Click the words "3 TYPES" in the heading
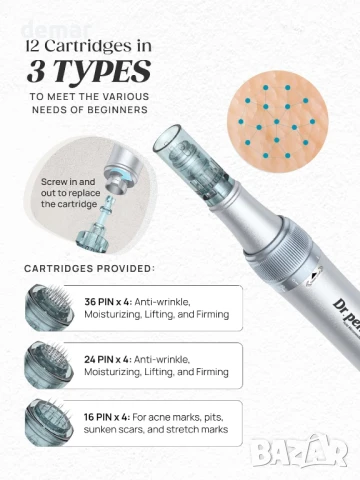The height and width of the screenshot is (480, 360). (89, 71)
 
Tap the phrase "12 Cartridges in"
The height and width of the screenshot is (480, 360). (89, 46)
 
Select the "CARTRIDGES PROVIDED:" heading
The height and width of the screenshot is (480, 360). (90, 268)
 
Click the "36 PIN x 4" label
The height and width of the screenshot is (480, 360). (108, 302)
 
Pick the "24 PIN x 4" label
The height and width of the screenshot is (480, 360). (108, 360)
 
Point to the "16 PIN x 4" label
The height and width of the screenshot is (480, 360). (107, 417)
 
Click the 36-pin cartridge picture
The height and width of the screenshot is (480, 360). (49, 307)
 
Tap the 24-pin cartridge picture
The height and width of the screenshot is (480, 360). (49, 365)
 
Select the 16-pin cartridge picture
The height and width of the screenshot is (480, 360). (49, 422)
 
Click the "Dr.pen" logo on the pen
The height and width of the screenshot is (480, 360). (347, 311)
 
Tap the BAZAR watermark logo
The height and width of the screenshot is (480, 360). (299, 451)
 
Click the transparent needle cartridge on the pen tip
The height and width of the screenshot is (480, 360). (192, 163)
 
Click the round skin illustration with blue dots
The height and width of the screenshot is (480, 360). (277, 121)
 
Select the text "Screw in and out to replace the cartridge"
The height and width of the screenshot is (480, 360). (70, 193)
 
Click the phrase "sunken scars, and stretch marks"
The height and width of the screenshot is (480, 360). (156, 429)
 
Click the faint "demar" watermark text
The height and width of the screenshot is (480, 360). (56, 30)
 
